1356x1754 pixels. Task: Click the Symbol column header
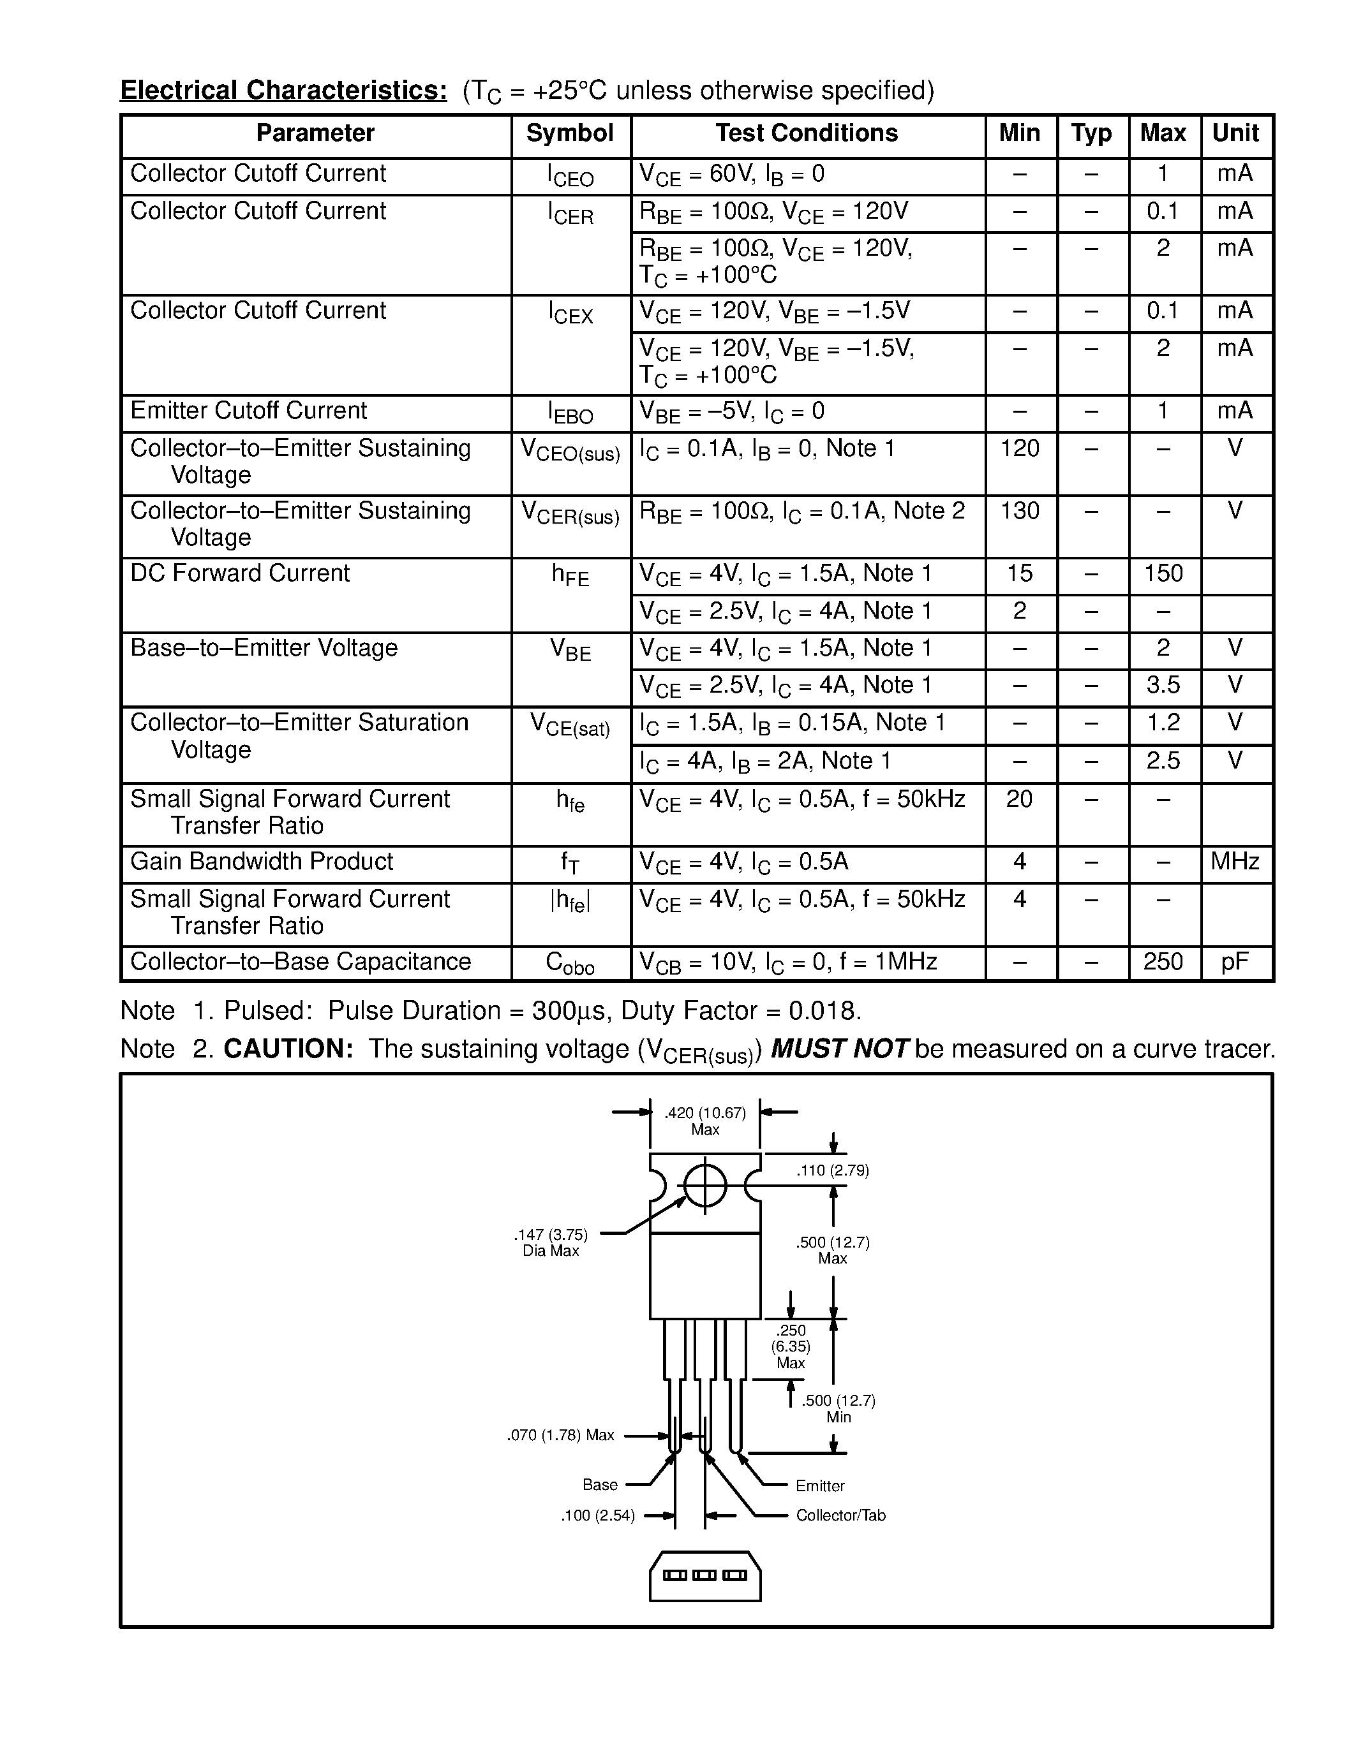coord(570,133)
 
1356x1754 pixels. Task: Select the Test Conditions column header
coord(807,133)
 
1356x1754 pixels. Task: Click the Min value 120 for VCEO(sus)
coord(1020,448)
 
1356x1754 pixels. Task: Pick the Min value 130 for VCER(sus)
coord(1020,511)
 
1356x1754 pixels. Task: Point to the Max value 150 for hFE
coord(1163,573)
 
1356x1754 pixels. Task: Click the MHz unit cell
coord(1235,862)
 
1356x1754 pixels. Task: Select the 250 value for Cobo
coord(1163,961)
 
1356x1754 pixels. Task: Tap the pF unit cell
coord(1235,962)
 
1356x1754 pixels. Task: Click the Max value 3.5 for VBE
coord(1163,685)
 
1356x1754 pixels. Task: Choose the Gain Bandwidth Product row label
coord(262,862)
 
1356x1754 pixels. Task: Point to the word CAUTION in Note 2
coord(288,1049)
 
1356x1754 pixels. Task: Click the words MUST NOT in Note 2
coord(840,1049)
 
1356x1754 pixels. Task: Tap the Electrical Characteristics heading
coord(283,91)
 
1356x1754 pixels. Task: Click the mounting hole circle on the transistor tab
coord(705,1186)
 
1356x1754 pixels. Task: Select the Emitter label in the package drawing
coord(820,1485)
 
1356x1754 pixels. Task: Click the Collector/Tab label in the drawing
coord(840,1515)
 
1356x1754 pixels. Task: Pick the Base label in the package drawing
coord(600,1485)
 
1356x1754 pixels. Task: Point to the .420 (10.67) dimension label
coord(704,1113)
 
